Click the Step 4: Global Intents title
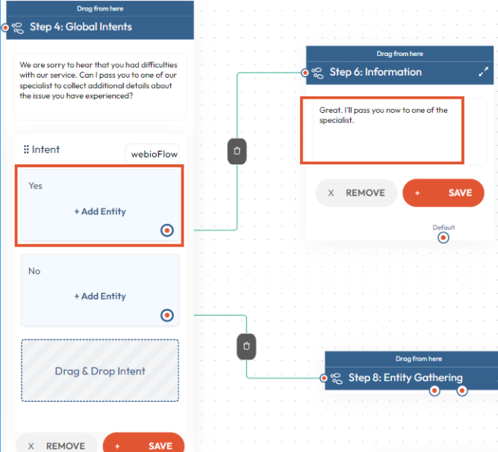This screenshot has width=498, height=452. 81,27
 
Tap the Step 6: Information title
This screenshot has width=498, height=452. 376,72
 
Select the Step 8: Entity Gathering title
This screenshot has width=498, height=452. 405,377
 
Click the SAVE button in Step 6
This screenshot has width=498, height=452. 443,193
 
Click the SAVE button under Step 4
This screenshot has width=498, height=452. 143,443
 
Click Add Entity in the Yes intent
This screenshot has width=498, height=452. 100,211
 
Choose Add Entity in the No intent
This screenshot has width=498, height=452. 100,297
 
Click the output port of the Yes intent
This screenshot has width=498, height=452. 167,230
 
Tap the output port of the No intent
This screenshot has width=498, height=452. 167,315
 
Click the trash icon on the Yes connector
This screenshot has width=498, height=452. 237,152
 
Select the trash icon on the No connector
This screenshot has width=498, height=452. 246,347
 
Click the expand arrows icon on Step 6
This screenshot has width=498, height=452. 483,72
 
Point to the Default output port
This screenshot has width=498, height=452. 443,238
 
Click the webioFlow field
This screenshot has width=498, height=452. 153,154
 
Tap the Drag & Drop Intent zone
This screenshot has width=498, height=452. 100,371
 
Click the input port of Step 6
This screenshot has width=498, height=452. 305,72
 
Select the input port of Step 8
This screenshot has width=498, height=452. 323,378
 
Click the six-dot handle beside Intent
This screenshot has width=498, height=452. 26,149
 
